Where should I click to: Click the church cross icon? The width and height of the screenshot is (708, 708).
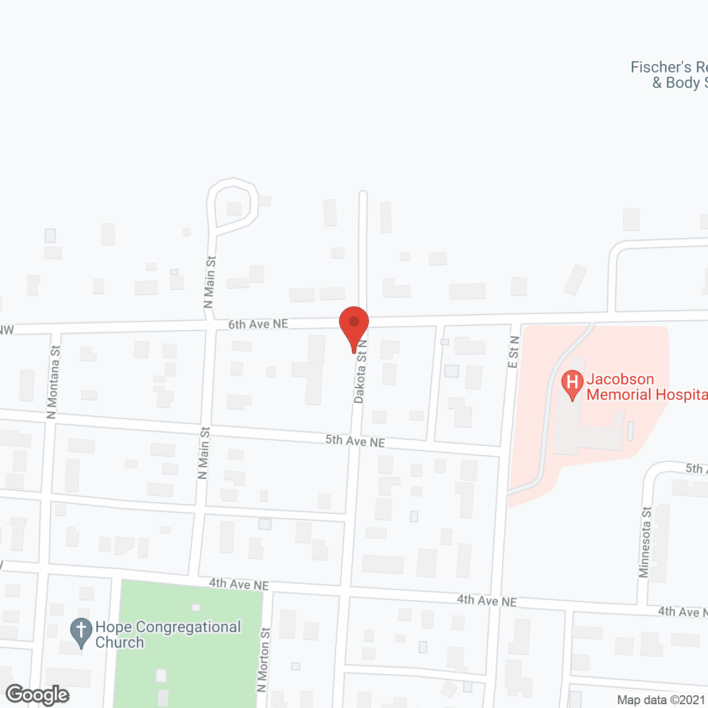click(x=81, y=631)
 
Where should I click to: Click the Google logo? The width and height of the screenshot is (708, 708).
click(x=38, y=695)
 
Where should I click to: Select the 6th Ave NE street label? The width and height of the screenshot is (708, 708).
click(x=258, y=324)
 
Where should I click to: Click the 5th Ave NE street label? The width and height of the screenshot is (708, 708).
click(x=355, y=441)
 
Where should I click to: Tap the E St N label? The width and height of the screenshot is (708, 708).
click(x=513, y=352)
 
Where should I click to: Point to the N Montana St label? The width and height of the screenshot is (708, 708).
click(x=53, y=382)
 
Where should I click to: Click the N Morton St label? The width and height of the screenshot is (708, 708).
click(x=263, y=659)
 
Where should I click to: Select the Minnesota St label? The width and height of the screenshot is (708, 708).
click(x=645, y=542)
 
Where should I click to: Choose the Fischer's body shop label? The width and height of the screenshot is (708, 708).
click(x=669, y=75)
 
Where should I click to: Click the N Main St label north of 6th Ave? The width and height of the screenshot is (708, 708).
click(x=209, y=282)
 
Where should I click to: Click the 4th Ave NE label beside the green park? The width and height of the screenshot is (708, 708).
click(x=239, y=584)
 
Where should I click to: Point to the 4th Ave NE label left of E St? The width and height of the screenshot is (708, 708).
click(x=487, y=600)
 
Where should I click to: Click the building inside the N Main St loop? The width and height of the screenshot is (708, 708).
click(x=235, y=209)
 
